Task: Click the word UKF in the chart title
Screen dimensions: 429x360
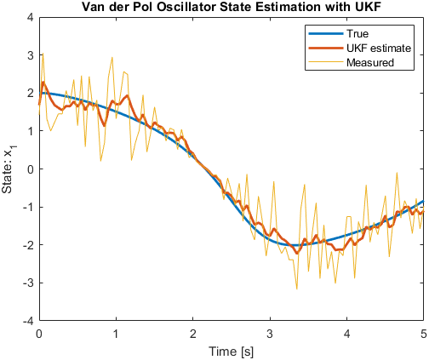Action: [368, 7]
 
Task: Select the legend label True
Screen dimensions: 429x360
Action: [357, 34]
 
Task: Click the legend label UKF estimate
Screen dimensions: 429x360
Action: [379, 49]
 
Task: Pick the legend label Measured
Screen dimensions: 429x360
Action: [370, 62]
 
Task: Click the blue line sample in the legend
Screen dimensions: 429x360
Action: [326, 34]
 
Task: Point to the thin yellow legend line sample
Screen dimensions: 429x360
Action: [326, 62]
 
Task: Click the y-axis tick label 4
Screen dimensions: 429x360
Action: [30, 17]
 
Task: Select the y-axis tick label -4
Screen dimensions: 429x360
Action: [28, 321]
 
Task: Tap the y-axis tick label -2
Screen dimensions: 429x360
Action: [28, 245]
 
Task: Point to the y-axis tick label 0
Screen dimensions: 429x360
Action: [30, 169]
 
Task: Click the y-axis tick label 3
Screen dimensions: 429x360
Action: [30, 55]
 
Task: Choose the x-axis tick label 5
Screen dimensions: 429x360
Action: [424, 334]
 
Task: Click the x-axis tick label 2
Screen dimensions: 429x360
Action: [193, 334]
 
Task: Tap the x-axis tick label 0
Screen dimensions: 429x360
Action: [39, 334]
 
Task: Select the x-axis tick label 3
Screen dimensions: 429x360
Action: [270, 334]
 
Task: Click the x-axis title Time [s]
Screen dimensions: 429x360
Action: [232, 351]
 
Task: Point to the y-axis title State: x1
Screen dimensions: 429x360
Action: [9, 169]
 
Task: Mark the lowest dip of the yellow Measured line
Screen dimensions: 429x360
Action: [297, 289]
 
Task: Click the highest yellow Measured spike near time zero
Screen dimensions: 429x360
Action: [43, 53]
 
